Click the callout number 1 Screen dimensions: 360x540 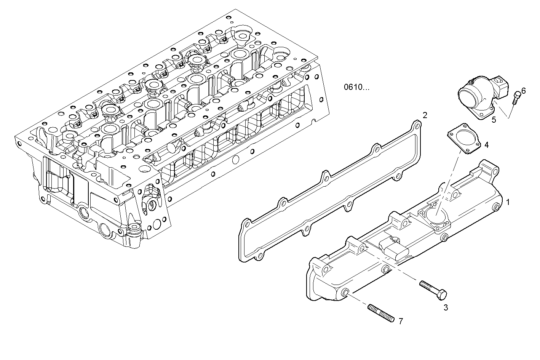click(x=508, y=202)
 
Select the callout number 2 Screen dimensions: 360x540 click(x=425, y=115)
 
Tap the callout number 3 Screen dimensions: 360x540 click(x=446, y=307)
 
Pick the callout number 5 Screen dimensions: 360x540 click(x=494, y=120)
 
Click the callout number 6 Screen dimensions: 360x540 click(x=523, y=91)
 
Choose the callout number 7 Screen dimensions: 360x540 click(x=400, y=322)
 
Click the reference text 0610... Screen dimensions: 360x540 click(x=356, y=87)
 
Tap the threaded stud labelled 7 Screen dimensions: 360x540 click(x=381, y=313)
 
